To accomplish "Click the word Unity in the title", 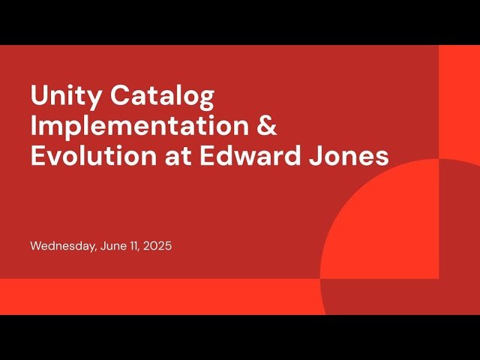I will [x=64, y=96].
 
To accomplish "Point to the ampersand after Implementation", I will [x=267, y=125].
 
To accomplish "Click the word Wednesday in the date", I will [x=62, y=245].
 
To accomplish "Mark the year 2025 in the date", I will [x=158, y=245].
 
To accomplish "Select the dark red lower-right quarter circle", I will [x=379, y=297].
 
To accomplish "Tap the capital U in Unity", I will [x=39, y=96].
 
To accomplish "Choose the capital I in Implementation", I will [x=34, y=126].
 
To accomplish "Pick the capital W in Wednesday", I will [x=36, y=245].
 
